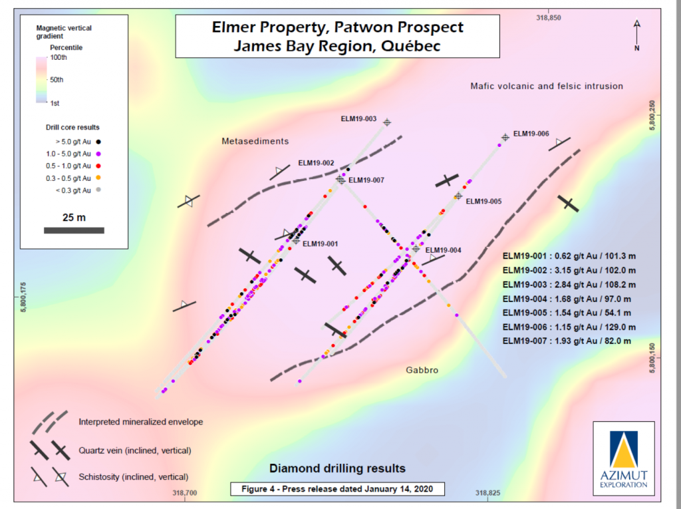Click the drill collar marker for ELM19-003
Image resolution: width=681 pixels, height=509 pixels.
386,122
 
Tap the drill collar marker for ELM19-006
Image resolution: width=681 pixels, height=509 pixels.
505,137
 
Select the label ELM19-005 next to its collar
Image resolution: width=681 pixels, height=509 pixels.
483,201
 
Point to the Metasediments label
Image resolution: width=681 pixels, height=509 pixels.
255,141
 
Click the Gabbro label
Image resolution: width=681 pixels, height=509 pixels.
422,370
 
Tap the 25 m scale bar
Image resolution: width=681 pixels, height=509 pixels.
73,230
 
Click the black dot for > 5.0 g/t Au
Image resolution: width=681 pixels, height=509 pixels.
98,142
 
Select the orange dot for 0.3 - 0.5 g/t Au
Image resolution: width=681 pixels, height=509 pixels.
98,178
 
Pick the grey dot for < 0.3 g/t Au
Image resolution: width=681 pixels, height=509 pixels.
98,190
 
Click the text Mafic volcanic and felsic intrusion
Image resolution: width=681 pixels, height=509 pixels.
546,86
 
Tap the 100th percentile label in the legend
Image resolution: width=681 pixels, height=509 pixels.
59,58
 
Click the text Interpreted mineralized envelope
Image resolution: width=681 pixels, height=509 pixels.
140,422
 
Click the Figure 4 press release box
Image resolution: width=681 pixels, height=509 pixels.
337,489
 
